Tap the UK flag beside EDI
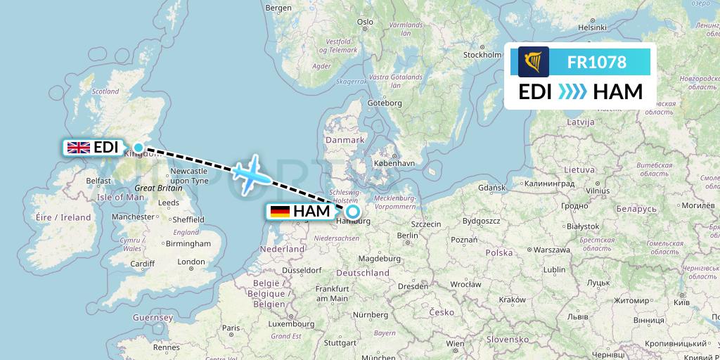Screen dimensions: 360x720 point(78,147)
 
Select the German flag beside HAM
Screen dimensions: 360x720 point(280,211)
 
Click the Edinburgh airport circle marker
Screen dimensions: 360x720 point(139,148)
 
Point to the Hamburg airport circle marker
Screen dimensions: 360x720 point(352,211)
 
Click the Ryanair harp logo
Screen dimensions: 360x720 point(534,62)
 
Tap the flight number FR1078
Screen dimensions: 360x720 point(596,62)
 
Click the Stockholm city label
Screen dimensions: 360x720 point(482,55)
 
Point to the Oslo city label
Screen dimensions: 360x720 point(365,22)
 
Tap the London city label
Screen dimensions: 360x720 point(191,262)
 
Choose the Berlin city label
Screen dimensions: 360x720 point(408,236)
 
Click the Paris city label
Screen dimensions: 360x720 point(231,328)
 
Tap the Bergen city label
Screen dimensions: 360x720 point(278,8)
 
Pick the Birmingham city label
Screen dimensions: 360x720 point(188,243)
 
